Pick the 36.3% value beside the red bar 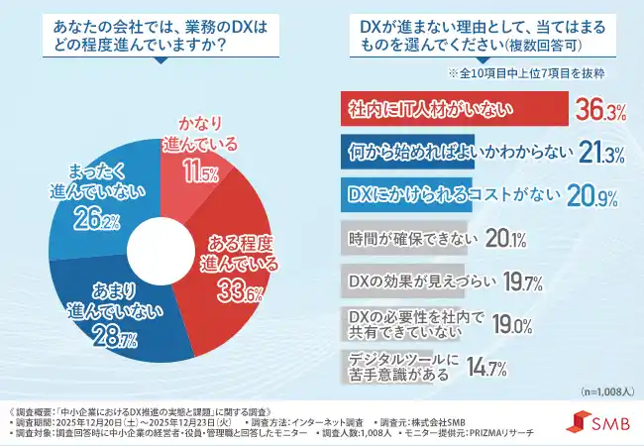click(x=600, y=111)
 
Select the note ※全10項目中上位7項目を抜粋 click(x=526, y=73)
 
